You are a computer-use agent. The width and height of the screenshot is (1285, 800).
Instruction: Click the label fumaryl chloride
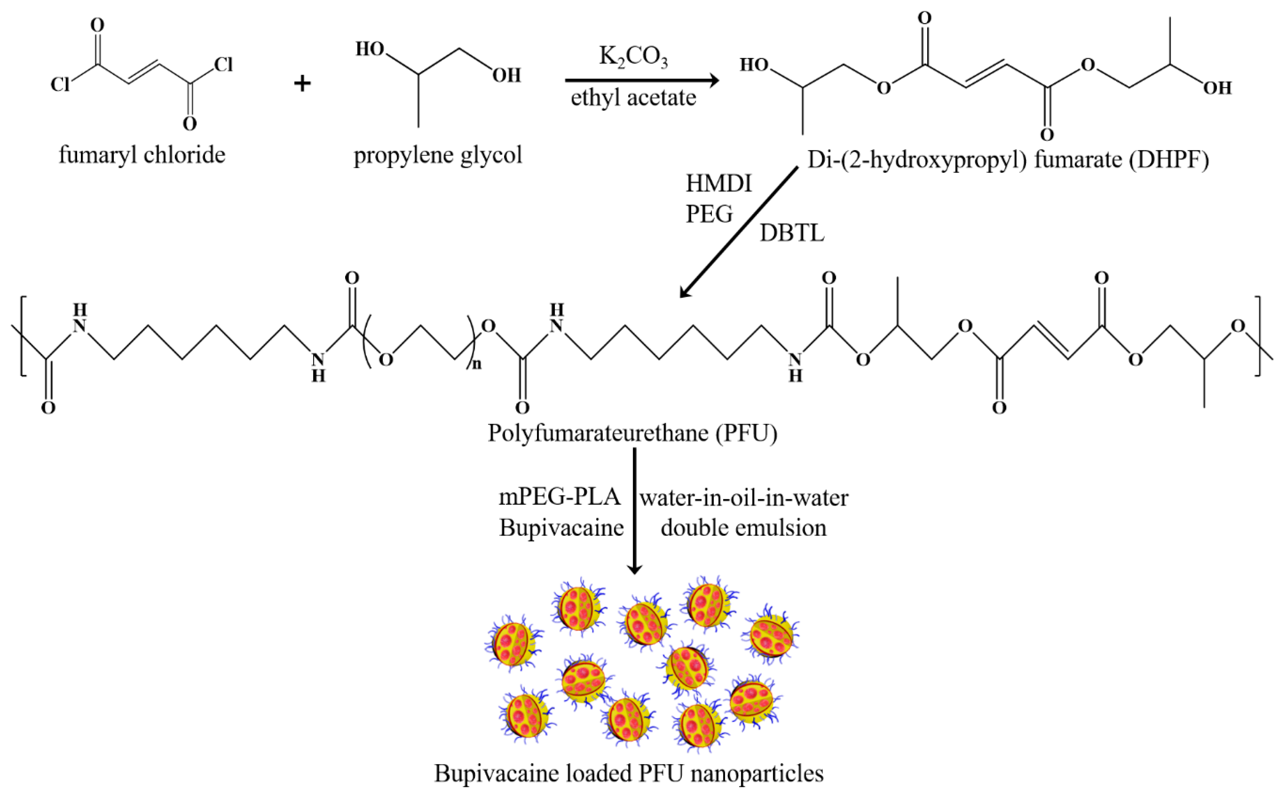[142, 155]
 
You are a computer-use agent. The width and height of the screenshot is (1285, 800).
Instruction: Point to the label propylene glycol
[438, 155]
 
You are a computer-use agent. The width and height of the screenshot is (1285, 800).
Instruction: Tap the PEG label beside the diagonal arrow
[709, 214]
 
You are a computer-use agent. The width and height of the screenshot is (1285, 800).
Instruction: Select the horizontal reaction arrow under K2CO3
[641, 81]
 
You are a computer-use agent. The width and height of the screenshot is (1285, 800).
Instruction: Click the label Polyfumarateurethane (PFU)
[632, 433]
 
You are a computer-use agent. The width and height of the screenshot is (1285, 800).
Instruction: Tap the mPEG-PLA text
[560, 497]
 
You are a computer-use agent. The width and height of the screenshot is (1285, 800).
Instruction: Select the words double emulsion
[744, 528]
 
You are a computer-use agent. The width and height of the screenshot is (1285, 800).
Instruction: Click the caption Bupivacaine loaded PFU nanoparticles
[629, 773]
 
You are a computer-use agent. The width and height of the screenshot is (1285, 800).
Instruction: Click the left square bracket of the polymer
[22, 337]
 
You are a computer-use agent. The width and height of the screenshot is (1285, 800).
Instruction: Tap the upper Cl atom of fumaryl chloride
[223, 65]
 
